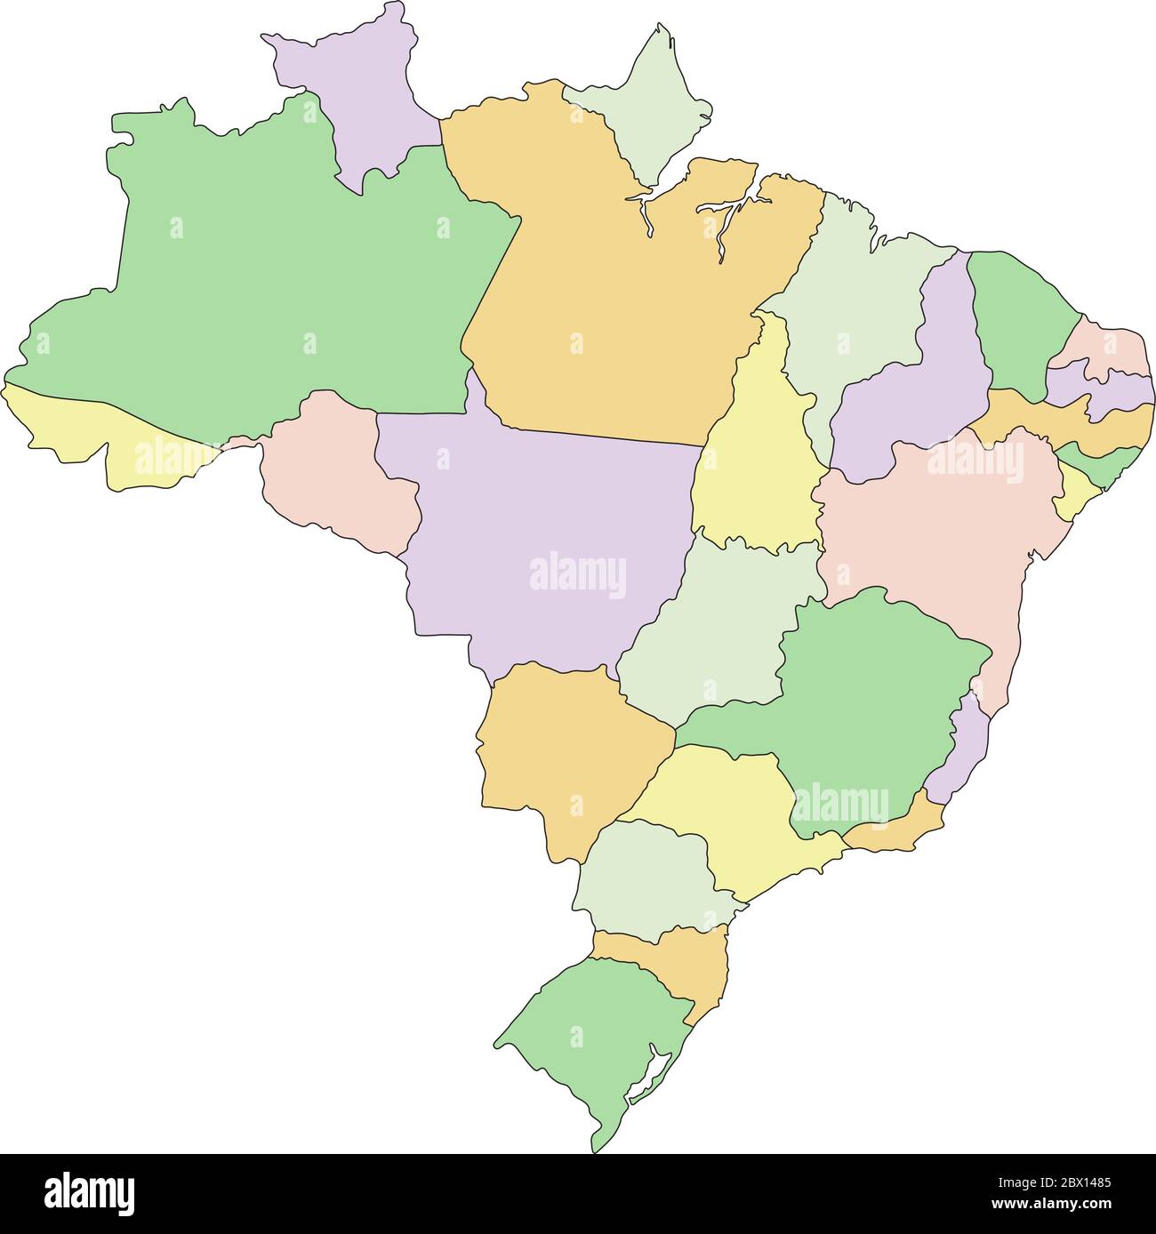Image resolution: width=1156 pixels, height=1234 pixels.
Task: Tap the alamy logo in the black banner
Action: coord(89,1194)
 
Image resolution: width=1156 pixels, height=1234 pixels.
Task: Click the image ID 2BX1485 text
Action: coord(1066,1183)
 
